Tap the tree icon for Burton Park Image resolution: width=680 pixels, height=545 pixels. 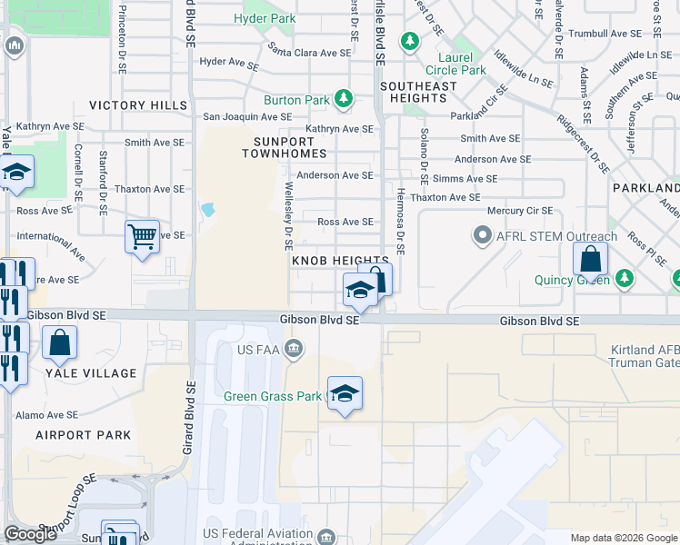click(x=344, y=99)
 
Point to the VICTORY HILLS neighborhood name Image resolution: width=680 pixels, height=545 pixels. click(x=137, y=106)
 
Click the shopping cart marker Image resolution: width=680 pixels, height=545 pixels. click(x=143, y=237)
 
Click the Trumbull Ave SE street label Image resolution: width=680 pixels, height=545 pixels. click(x=604, y=33)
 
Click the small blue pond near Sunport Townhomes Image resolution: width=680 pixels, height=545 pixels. click(x=208, y=211)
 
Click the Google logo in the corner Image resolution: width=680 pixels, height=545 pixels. click(x=31, y=534)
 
